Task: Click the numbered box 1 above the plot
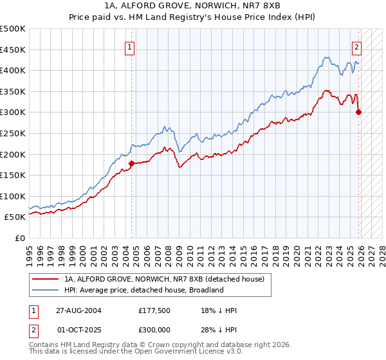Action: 130,46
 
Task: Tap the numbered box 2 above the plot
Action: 356,46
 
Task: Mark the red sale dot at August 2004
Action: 131,163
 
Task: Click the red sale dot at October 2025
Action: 358,112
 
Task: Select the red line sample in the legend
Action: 46,280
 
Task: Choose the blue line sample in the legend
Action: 46,290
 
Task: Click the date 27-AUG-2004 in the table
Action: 77,310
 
